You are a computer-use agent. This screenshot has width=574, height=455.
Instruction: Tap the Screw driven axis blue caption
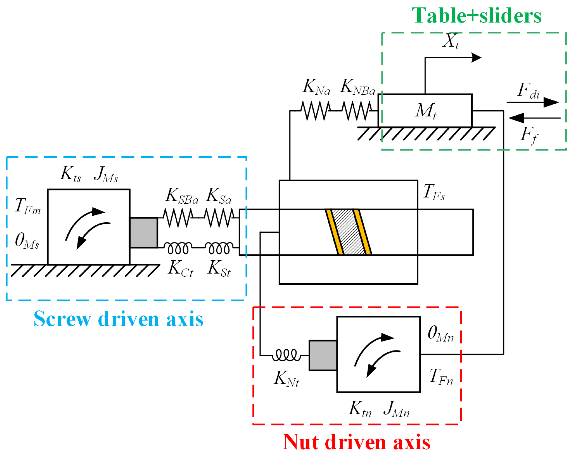(x=119, y=319)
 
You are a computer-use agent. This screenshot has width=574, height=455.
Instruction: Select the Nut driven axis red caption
(x=357, y=443)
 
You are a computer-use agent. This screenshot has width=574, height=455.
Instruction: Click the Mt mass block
(x=425, y=111)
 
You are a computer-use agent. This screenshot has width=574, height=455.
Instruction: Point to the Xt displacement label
(x=451, y=41)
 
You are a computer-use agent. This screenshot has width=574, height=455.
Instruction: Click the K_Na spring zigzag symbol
(x=316, y=111)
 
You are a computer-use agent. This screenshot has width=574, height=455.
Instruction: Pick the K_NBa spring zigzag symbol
(x=357, y=111)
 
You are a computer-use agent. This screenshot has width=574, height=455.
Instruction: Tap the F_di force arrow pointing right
(x=532, y=102)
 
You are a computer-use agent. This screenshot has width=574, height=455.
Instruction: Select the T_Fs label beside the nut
(x=434, y=192)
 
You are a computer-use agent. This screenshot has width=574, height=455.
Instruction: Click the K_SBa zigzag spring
(x=178, y=218)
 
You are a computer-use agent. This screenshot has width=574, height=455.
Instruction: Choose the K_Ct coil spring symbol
(x=178, y=248)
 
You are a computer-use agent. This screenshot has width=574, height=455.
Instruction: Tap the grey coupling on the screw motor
(x=143, y=233)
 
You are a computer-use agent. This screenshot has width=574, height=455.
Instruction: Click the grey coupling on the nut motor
(x=323, y=355)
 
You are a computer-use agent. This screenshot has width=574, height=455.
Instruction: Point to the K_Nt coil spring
(x=286, y=355)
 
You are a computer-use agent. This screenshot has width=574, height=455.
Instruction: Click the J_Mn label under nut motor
(x=397, y=409)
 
